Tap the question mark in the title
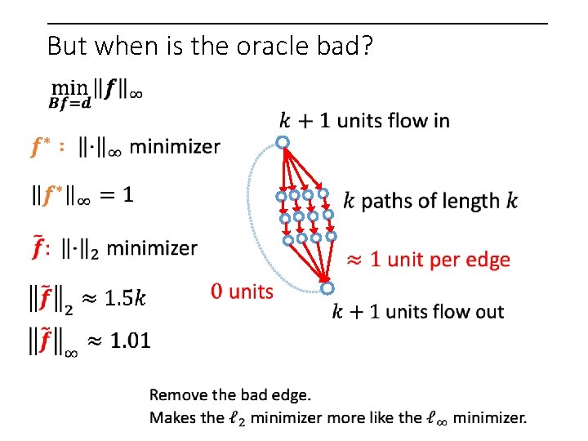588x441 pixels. pos(367,47)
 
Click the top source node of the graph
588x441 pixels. pos(282,143)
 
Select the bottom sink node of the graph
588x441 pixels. pos(327,287)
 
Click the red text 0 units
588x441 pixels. pos(242,291)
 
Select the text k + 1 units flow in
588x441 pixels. pos(364,121)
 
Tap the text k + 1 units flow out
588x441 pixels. pos(417,311)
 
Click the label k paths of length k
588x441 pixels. pos(430,200)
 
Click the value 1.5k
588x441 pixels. pos(126,299)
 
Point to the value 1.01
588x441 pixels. pos(130,340)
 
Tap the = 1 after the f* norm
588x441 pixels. pos(118,195)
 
